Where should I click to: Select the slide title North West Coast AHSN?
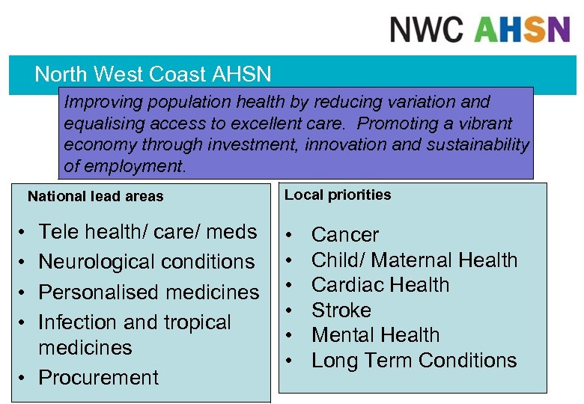point(153,74)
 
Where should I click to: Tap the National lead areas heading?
point(95,197)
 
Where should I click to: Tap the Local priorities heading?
point(338,195)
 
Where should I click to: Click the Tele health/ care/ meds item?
point(147,232)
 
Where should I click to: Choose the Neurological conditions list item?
point(146,262)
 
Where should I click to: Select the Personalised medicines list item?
point(148,292)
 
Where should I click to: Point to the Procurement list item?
point(98,377)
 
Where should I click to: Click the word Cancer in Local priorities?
point(345,235)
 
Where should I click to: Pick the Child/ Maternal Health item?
point(414,260)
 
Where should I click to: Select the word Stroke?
point(341,310)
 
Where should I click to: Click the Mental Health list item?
point(375,335)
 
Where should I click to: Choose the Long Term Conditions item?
point(414,361)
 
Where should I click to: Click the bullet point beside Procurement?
point(25,377)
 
